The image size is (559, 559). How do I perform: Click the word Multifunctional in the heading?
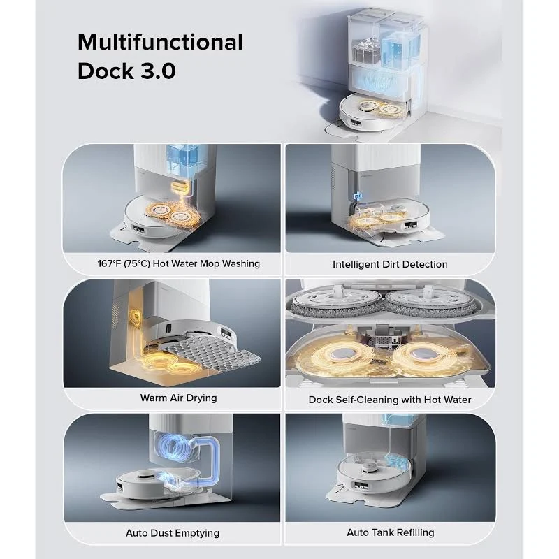pyautogui.click(x=160, y=42)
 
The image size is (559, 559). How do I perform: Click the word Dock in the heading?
pyautogui.click(x=106, y=71)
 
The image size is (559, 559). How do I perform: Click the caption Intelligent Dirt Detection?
pyautogui.click(x=390, y=265)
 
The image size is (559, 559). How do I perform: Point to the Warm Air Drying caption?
pyautogui.click(x=178, y=398)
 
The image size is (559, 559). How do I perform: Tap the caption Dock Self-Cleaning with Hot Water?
pyautogui.click(x=390, y=400)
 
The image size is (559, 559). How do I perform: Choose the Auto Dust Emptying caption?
pyautogui.click(x=173, y=533)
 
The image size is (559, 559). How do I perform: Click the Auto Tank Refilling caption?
pyautogui.click(x=391, y=532)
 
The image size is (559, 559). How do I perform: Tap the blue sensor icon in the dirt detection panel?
pyautogui.click(x=358, y=196)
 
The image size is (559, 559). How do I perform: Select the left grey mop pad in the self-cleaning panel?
pyautogui.click(x=336, y=303)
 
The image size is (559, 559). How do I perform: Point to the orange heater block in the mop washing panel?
pyautogui.click(x=181, y=187)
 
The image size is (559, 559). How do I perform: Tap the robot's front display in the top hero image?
pyautogui.click(x=356, y=123)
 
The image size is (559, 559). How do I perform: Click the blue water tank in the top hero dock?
pyautogui.click(x=396, y=48)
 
